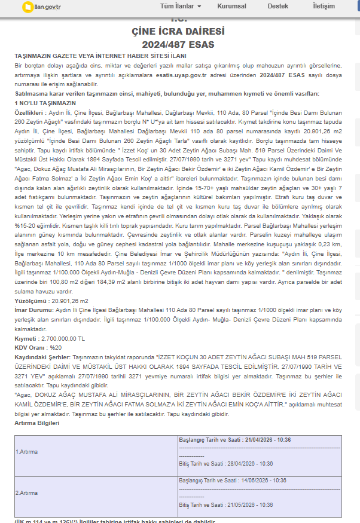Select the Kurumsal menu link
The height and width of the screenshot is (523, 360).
coord(232,6)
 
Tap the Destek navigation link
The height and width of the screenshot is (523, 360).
coord(277,6)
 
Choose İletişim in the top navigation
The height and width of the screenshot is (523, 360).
coord(324,6)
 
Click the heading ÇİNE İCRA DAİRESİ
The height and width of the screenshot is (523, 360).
coord(178,32)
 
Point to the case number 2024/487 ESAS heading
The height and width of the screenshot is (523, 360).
coord(178,44)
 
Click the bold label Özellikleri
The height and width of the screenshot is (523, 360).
coord(29,112)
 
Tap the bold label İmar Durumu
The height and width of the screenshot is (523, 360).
coord(32,310)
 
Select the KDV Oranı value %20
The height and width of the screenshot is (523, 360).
coord(56,347)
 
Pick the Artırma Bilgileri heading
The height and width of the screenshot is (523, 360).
coord(37,423)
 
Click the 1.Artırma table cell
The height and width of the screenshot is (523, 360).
coord(26,451)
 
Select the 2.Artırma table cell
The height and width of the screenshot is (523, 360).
coord(26,493)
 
